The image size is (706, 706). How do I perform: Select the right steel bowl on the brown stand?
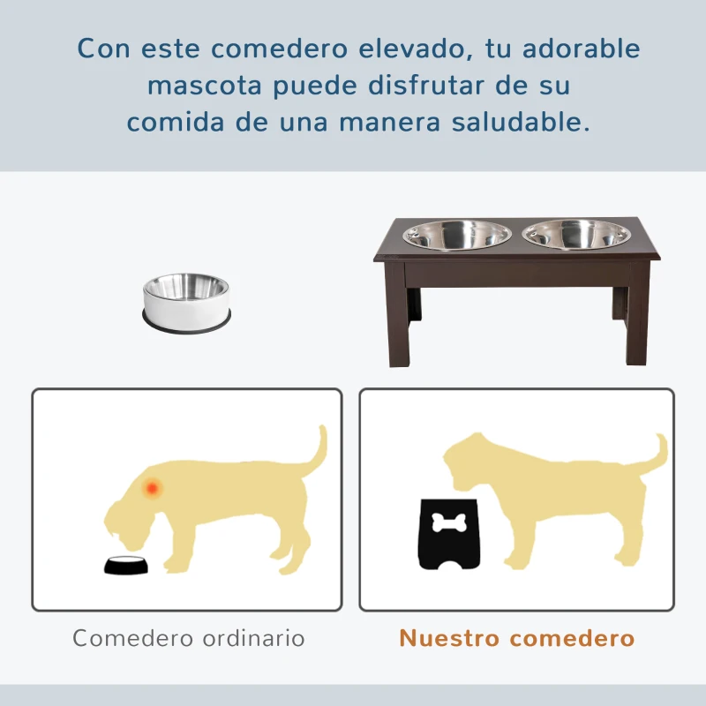tap(576, 236)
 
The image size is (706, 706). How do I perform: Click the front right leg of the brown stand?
tap(636, 322)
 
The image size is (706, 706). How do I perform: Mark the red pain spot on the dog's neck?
tap(153, 486)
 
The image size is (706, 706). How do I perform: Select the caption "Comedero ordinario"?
tap(189, 638)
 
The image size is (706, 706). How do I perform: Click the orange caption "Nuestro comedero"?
tap(517, 638)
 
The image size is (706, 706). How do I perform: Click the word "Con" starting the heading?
tap(101, 49)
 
